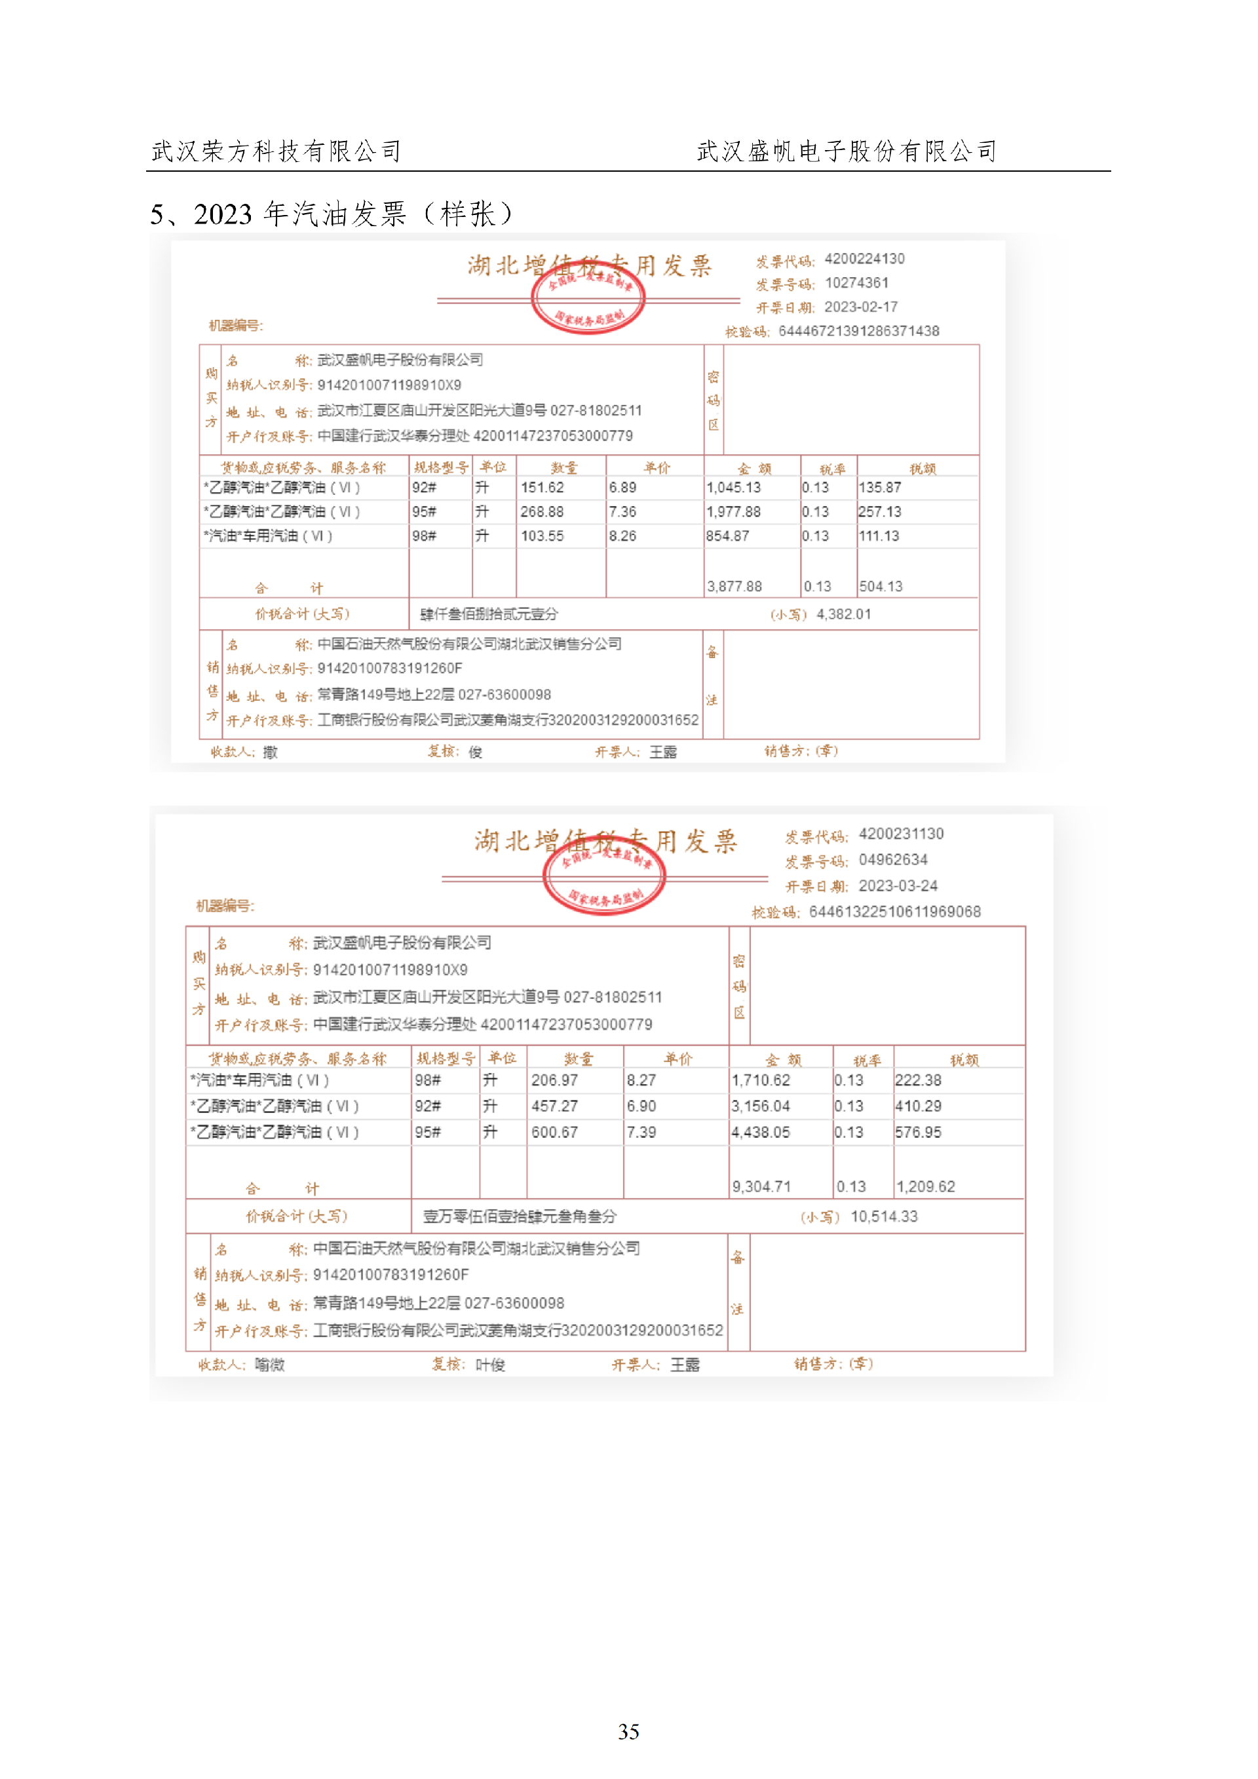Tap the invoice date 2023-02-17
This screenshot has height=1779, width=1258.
[860, 307]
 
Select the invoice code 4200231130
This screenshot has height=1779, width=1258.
[901, 834]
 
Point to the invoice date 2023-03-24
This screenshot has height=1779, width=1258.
[898, 886]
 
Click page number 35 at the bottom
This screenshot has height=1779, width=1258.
[628, 1731]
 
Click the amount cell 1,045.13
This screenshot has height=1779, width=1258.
[734, 488]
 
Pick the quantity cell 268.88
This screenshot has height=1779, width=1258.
[543, 511]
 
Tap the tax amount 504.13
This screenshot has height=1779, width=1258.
[881, 587]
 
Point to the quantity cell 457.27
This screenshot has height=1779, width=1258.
[555, 1106]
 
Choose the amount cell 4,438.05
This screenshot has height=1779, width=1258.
[761, 1132]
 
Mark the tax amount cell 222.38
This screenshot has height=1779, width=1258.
[918, 1080]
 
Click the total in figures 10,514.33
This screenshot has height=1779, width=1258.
[884, 1217]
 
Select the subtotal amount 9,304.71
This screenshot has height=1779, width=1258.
[761, 1186]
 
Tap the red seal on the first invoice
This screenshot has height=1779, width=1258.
[588, 298]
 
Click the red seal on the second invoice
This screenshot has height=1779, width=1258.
[604, 876]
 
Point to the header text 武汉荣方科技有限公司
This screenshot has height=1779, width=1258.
[276, 151]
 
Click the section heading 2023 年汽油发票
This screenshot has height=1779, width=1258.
[332, 214]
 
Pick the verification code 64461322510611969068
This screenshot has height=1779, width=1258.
[895, 912]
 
